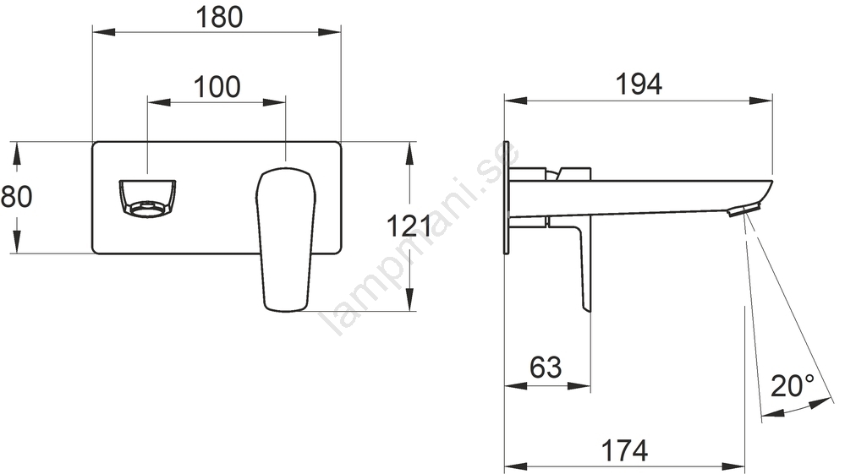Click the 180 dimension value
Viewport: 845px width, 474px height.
pyautogui.click(x=219, y=17)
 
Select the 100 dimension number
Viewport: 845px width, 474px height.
pyautogui.click(x=217, y=87)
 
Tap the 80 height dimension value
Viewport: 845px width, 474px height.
pyautogui.click(x=16, y=197)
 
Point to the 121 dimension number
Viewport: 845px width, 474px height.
pyautogui.click(x=409, y=226)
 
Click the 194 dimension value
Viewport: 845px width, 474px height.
pyautogui.click(x=639, y=84)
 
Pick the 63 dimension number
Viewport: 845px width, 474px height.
pyautogui.click(x=546, y=368)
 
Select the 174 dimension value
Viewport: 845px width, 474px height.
pyautogui.click(x=624, y=450)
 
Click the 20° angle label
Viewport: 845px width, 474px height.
pyautogui.click(x=793, y=386)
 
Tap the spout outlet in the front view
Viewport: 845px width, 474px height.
pyautogui.click(x=146, y=199)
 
